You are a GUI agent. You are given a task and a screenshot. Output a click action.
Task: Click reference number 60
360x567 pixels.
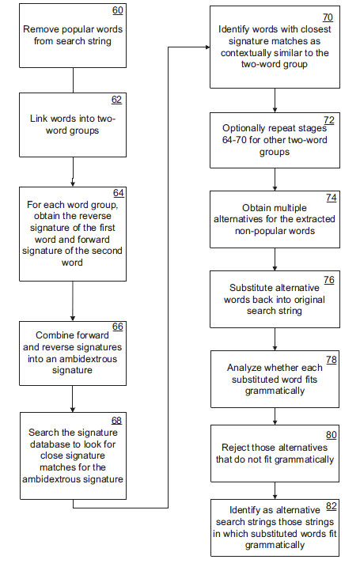tap(118, 10)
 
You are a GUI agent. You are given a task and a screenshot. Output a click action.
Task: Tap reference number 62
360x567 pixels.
tap(116, 100)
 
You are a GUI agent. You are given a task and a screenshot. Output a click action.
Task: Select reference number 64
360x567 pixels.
tap(119, 193)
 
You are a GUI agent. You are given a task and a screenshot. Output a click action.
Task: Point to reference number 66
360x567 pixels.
tap(118, 327)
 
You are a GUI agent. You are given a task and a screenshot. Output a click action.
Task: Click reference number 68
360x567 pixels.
tap(116, 421)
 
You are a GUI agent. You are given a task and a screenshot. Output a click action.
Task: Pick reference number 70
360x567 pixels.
tap(328, 17)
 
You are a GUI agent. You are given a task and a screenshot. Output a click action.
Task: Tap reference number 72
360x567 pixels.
tap(329, 120)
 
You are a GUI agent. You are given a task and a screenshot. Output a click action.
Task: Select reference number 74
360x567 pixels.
tap(331, 198)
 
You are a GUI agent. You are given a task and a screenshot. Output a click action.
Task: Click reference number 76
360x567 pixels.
tap(329, 280)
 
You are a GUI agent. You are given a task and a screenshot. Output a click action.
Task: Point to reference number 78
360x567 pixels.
tap(331, 360)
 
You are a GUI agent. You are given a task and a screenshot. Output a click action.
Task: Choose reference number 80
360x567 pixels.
tap(331, 435)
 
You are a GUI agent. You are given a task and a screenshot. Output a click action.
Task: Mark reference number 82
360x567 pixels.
tap(331, 506)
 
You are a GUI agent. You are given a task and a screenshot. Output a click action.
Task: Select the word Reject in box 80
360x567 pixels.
tap(234, 448)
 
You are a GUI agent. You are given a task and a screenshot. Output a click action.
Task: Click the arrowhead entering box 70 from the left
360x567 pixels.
tap(207, 47)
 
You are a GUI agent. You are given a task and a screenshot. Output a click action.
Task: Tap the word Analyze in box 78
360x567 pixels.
tap(243, 369)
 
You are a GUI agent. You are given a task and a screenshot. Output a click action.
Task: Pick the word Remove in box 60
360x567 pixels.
tap(37, 29)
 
